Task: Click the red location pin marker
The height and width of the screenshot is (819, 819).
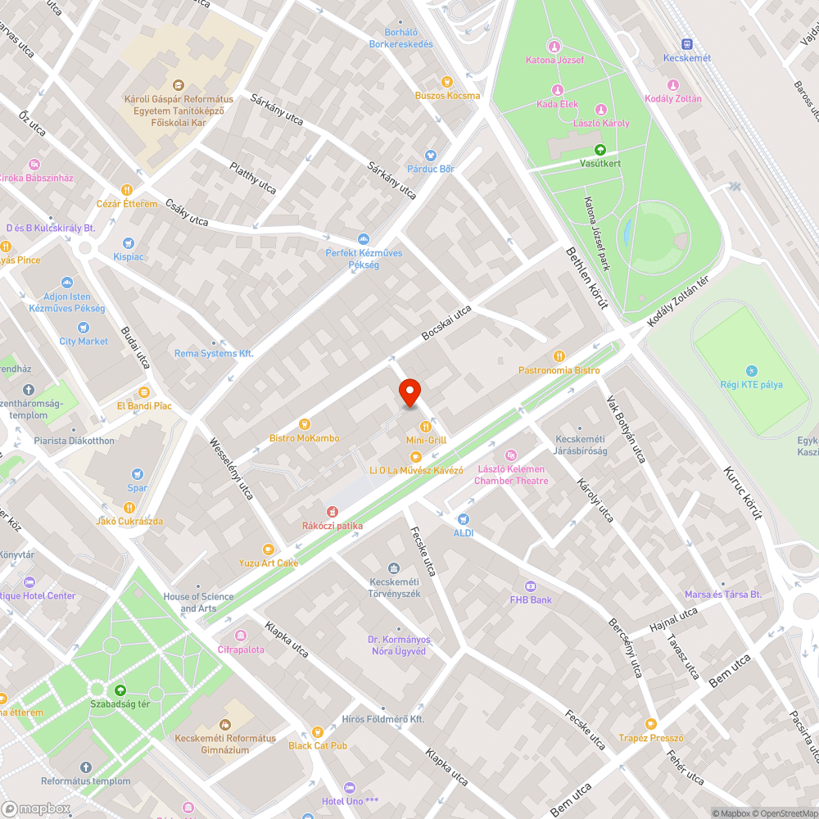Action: (x=409, y=392)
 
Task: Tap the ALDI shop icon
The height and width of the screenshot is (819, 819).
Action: (x=464, y=518)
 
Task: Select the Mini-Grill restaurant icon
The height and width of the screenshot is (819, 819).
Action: (x=426, y=426)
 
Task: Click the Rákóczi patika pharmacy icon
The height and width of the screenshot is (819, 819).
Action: (x=333, y=512)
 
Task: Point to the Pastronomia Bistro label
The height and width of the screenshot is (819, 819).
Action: (x=559, y=370)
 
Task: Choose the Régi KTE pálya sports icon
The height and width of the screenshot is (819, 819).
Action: (x=752, y=371)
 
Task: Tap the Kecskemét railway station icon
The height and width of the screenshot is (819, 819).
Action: (x=686, y=44)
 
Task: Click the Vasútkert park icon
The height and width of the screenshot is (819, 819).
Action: (x=600, y=150)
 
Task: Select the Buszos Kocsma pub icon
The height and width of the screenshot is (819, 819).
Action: (x=447, y=81)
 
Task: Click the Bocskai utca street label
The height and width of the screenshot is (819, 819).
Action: (x=446, y=324)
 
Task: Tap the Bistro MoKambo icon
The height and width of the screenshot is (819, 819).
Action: (x=304, y=424)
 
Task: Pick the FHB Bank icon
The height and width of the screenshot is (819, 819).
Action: (x=530, y=586)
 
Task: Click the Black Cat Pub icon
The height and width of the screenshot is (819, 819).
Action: (x=318, y=731)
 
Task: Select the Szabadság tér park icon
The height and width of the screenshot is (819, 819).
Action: (x=120, y=690)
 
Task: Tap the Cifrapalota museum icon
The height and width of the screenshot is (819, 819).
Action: (x=241, y=636)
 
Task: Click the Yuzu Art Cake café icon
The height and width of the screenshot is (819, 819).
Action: (x=268, y=549)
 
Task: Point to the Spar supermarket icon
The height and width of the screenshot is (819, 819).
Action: (x=138, y=473)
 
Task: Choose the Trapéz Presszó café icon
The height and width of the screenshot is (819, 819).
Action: (x=651, y=723)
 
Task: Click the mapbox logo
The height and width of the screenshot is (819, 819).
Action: (x=37, y=808)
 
